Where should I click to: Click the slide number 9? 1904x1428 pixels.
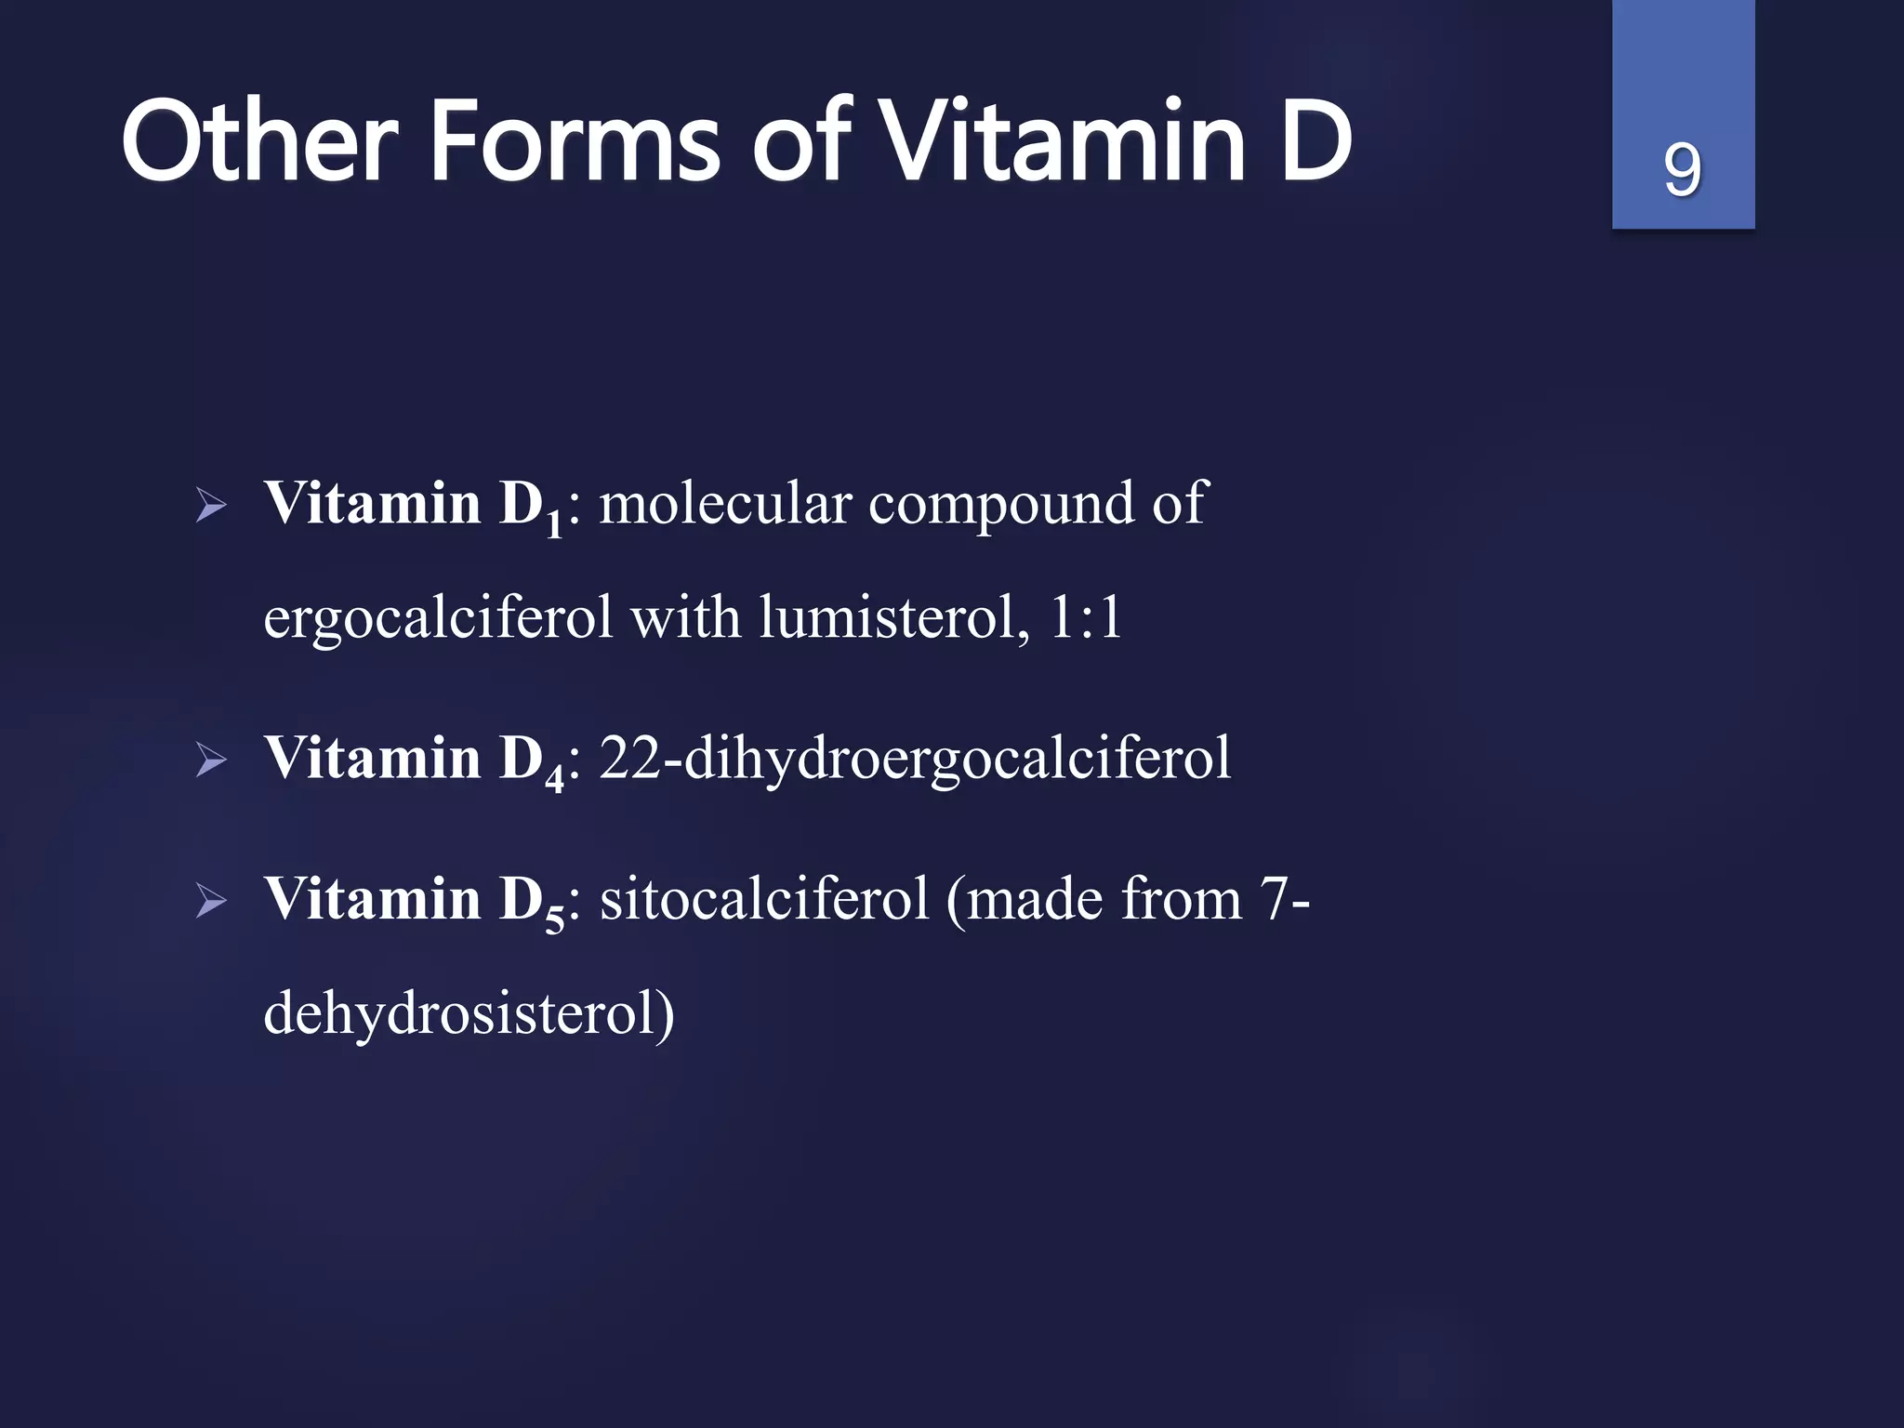click(x=1682, y=170)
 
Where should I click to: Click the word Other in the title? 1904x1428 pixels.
click(x=259, y=142)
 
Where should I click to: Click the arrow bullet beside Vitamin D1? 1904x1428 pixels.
click(x=211, y=507)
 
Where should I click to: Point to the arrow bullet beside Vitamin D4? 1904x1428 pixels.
click(x=211, y=761)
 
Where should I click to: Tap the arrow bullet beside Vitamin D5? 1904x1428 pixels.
click(x=211, y=902)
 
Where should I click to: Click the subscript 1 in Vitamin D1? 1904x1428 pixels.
click(x=554, y=525)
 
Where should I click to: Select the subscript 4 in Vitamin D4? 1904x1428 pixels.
click(x=554, y=779)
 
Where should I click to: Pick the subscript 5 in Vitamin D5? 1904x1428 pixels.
click(x=554, y=920)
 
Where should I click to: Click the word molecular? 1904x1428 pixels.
click(x=725, y=504)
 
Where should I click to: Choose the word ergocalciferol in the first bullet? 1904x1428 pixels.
click(x=438, y=618)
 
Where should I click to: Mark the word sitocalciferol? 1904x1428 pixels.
click(x=764, y=899)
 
